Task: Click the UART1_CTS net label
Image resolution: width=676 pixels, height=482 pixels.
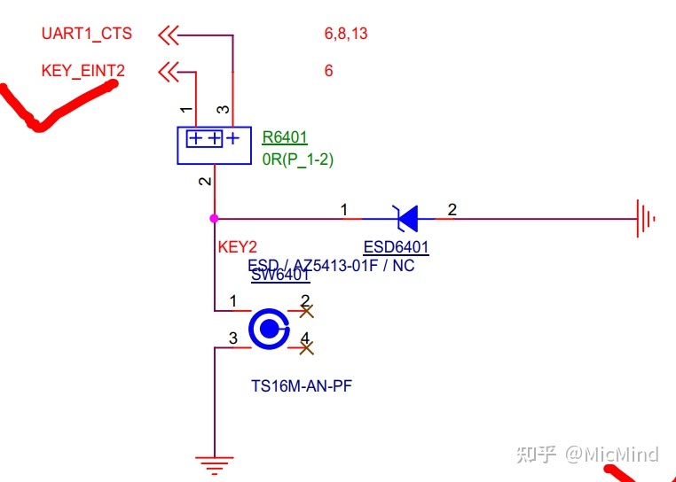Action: [86, 34]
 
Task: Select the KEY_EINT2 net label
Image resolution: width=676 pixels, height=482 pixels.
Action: [83, 70]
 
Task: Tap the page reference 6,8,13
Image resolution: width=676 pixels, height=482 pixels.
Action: [346, 34]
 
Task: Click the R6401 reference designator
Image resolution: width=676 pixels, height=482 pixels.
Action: [284, 137]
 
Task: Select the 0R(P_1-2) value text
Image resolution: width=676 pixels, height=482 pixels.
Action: [297, 159]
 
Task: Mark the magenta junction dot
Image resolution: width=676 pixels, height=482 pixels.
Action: [214, 218]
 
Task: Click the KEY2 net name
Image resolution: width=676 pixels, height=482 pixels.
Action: [237, 247]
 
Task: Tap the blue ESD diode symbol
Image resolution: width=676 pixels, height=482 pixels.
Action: [406, 215]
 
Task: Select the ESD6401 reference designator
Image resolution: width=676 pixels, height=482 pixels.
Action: [397, 246]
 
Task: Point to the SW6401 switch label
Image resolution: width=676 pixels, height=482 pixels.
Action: [280, 276]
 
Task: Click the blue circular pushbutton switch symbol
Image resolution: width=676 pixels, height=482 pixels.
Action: [268, 330]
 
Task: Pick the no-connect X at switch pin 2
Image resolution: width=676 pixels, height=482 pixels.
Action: [306, 311]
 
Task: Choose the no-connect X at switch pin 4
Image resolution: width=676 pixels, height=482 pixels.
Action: [306, 348]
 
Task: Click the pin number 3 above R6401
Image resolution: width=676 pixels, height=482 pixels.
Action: [224, 110]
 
